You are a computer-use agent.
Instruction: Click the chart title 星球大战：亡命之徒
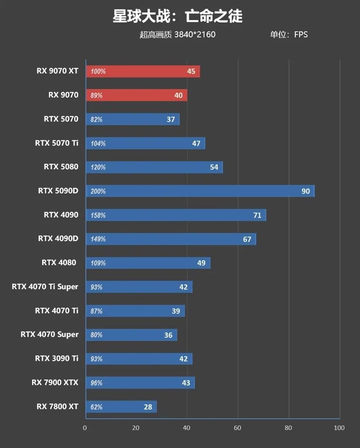pos(177,17)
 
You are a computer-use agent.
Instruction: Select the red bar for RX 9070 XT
pos(143,71)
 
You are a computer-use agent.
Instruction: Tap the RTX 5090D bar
pos(200,191)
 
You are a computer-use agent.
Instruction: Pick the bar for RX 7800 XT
pos(121,407)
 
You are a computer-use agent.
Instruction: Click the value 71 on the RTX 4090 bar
pos(257,215)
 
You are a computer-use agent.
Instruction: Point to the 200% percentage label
pos(98,191)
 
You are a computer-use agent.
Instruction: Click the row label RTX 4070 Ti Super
pos(45,286)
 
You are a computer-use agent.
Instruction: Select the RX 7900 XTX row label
pos(55,383)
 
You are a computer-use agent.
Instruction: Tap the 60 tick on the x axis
pos(238,428)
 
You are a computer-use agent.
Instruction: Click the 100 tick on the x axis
pos(339,428)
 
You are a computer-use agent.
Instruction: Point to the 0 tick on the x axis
pos(85,428)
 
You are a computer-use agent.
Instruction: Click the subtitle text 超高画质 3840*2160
pos(177,35)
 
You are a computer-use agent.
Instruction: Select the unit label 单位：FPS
pos(288,35)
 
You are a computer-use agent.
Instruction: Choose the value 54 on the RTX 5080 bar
pos(214,167)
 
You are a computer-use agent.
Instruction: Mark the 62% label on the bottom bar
pos(96,407)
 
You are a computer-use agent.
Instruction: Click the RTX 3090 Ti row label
pos(57,358)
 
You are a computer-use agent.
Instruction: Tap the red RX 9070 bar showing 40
pos(136,95)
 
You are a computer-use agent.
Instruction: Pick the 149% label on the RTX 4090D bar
pos(98,239)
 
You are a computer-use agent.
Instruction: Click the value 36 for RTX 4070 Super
pos(168,335)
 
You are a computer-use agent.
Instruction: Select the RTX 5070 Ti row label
pos(57,143)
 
